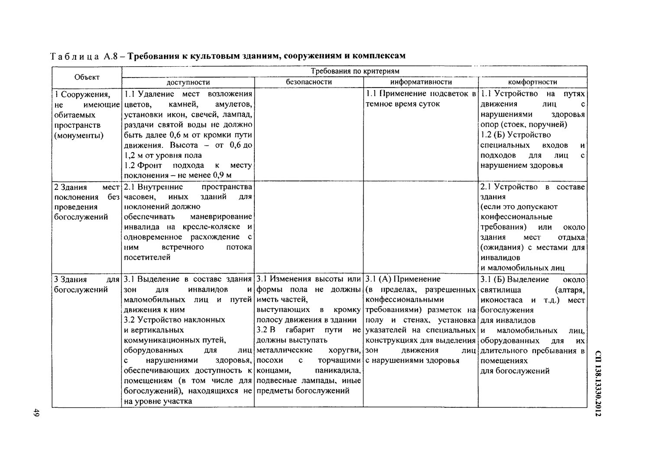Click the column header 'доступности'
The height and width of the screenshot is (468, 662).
188,82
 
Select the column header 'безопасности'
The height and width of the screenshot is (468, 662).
309,82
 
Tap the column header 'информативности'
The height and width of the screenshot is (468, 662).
421,82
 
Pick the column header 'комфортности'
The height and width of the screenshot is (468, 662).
532,82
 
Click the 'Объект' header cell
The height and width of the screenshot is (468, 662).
87,77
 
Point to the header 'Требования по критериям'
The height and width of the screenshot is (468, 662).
355,71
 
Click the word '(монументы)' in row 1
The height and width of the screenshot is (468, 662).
79,136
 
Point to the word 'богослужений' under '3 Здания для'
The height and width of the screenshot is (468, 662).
81,289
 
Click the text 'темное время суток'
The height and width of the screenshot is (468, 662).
402,104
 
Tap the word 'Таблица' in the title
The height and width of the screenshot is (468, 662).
74,56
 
